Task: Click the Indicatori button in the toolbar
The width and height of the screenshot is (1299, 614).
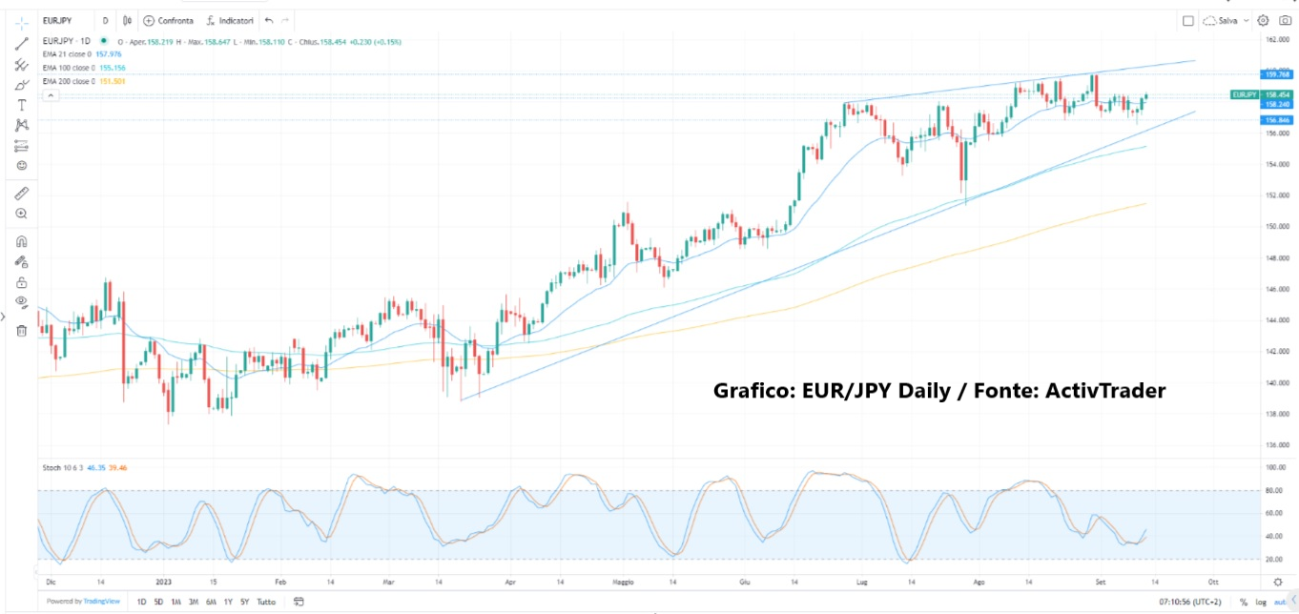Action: tap(230, 20)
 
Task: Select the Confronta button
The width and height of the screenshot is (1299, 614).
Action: tap(168, 20)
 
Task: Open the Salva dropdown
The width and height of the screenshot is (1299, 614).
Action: tap(1226, 20)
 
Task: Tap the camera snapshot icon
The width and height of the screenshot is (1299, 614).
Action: tap(1285, 20)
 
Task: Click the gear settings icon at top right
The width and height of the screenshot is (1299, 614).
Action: tap(1263, 20)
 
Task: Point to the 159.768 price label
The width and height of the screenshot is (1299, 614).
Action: tap(1277, 74)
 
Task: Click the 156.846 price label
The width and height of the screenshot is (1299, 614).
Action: tap(1277, 120)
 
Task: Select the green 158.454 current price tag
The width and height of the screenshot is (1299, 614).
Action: tap(1277, 95)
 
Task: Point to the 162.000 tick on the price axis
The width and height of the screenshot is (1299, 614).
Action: tap(1277, 40)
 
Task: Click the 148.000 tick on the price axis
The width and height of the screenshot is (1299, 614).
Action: tap(1277, 257)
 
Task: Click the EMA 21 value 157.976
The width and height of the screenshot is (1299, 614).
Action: tap(108, 54)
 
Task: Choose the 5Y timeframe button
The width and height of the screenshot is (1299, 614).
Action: tap(245, 602)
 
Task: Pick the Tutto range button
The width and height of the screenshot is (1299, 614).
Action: tap(266, 602)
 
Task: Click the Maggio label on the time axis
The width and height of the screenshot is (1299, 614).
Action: tap(622, 580)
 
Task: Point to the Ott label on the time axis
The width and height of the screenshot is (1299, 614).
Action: tap(1212, 580)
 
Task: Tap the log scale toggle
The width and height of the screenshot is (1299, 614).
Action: tap(1260, 602)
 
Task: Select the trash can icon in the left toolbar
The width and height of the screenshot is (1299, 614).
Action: tap(21, 330)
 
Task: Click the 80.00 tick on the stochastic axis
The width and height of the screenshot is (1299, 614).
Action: tap(1275, 491)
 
